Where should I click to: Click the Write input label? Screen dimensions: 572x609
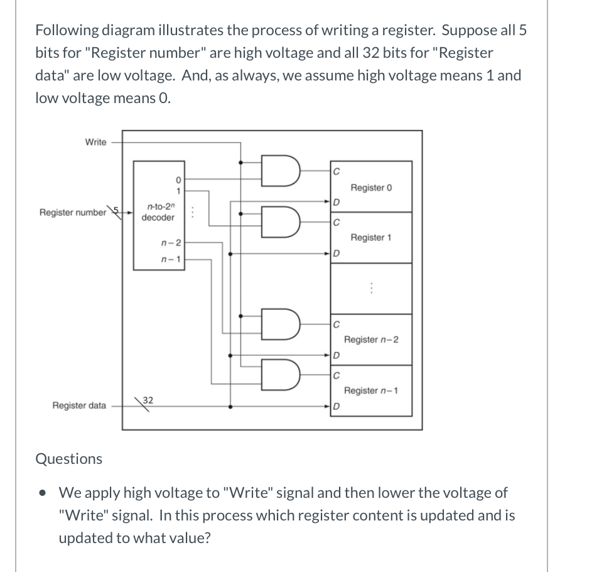coord(95,142)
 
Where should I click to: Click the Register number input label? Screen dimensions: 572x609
coord(73,212)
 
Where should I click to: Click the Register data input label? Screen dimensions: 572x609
coord(79,405)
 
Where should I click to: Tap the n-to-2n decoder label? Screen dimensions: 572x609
coord(158,212)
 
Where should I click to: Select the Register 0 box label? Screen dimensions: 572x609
coord(371,188)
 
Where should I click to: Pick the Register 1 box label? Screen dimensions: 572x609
coord(371,238)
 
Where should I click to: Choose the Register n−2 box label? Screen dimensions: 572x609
coord(371,340)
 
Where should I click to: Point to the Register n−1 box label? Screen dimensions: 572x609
coord(371,391)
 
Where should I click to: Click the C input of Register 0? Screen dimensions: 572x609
coord(337,170)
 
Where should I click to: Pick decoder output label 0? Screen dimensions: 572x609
coord(179,178)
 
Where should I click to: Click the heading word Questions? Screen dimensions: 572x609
coord(68,459)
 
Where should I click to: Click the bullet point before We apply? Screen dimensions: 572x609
coord(41,493)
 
